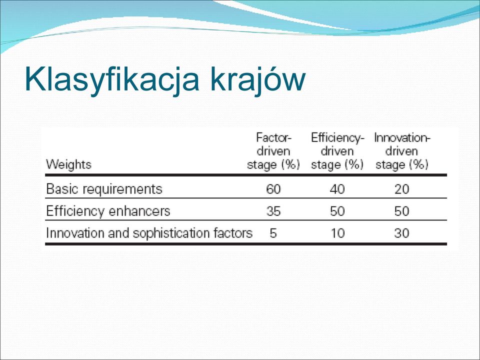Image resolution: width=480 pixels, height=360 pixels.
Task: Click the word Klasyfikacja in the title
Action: pos(112,79)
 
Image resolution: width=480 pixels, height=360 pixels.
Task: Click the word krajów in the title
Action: pos(258,79)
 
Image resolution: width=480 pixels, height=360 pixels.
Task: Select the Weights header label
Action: pos(68,164)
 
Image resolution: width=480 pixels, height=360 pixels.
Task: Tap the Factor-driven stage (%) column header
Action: pos(273,151)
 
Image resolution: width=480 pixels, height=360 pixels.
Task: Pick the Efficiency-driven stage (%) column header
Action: pos(337,151)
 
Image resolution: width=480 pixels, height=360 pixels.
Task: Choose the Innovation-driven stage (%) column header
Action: pos(402,151)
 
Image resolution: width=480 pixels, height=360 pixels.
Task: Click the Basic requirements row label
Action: pos(104,189)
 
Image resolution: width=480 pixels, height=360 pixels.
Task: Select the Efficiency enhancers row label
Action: pos(108,211)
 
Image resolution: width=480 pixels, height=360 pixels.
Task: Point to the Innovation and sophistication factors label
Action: pos(149,233)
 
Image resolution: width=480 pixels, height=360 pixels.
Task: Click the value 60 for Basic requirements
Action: pos(273,189)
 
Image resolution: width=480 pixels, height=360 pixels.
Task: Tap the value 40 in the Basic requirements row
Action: pos(337,189)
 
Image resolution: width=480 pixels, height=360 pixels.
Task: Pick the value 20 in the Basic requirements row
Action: pos(402,189)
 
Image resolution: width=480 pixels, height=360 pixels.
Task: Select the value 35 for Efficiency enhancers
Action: pos(273,211)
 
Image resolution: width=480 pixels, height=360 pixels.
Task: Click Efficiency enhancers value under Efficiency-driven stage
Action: pos(337,211)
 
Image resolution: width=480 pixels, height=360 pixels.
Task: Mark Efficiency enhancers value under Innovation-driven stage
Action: pos(402,211)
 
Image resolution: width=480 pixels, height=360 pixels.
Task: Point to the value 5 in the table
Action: pos(273,233)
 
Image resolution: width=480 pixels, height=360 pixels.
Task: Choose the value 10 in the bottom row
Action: pos(337,233)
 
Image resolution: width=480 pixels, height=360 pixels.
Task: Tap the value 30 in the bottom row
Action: pos(402,233)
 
